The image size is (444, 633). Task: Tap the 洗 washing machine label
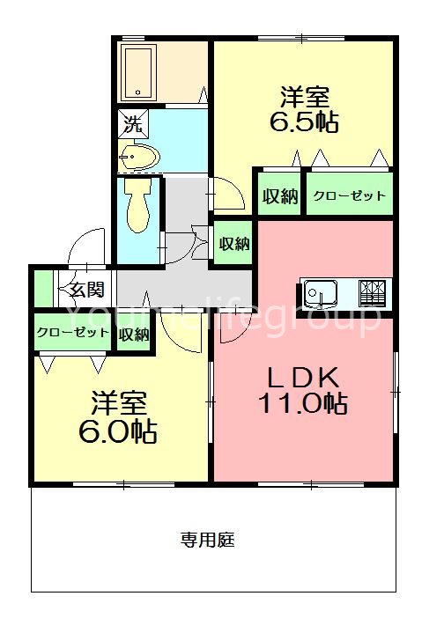(131, 124)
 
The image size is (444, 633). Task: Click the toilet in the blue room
(137, 208)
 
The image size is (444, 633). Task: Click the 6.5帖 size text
(303, 121)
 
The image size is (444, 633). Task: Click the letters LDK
(302, 377)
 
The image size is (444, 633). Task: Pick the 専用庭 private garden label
(208, 539)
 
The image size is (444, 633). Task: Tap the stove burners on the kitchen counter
(374, 288)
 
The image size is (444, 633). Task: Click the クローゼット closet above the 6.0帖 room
(73, 333)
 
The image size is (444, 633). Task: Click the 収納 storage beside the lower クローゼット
(134, 334)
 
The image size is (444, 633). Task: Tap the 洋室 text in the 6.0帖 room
(120, 404)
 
